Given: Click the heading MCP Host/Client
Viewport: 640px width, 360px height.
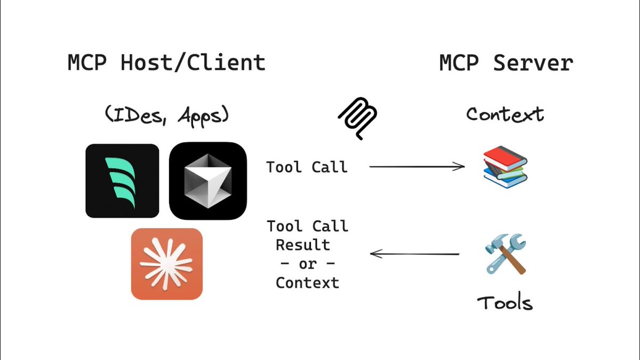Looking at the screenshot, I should coord(166,63).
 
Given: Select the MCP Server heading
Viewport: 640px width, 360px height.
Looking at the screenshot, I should coord(506,63).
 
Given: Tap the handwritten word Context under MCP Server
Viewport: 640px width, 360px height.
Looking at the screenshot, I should coord(505,114).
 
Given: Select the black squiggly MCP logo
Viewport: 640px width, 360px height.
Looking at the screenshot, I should coord(358,118).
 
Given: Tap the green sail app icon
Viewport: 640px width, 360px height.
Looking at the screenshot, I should coord(122,181).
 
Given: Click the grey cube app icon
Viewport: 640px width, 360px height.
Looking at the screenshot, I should coord(208,181).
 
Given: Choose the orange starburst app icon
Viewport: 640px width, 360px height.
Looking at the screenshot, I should coord(167,263).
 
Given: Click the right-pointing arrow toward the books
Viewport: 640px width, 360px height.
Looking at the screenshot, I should coord(417,167).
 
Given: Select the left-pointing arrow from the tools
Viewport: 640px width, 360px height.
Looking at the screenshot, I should coord(414,254).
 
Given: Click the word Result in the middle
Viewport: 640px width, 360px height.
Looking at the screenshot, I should coord(302,245).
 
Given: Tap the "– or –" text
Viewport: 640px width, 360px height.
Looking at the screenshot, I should coord(307,264).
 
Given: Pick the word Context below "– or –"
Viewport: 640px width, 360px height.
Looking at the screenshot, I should coord(307,282).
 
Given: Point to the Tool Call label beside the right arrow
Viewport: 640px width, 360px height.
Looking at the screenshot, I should coord(307,167).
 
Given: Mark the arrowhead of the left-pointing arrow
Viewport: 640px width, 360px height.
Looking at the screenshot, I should coord(374,254).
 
